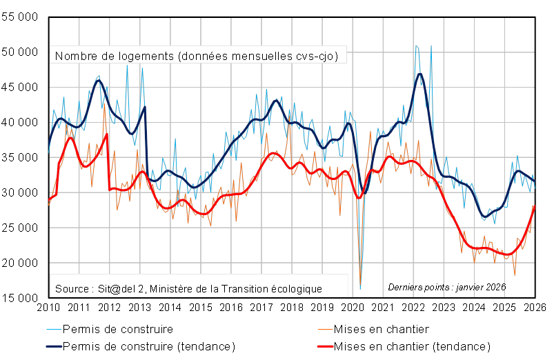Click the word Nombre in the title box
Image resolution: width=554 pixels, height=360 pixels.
pos(73,56)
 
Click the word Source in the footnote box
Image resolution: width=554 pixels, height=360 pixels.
pos(70,288)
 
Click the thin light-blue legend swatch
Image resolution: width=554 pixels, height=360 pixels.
pos(54,330)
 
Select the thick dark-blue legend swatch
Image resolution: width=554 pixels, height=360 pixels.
pos(54,346)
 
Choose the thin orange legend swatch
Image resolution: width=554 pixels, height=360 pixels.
pos(326,330)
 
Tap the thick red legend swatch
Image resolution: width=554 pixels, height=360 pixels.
pos(326,346)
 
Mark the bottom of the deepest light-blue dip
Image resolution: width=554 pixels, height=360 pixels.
pos(361,288)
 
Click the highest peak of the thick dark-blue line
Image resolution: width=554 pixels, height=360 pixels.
pos(419,73)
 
